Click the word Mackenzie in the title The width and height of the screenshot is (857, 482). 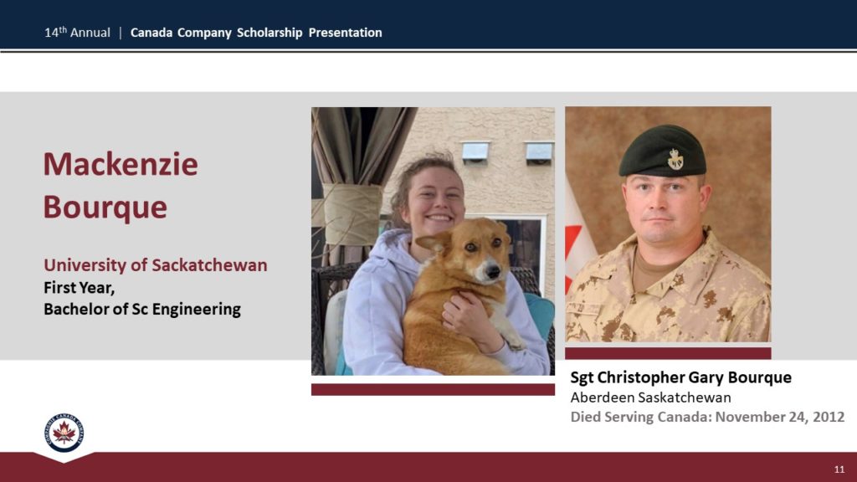pyautogui.click(x=121, y=165)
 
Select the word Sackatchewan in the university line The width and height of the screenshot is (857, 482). pyautogui.click(x=209, y=265)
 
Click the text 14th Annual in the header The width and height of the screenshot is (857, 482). pyautogui.click(x=77, y=33)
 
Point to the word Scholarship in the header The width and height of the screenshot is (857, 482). pyautogui.click(x=269, y=33)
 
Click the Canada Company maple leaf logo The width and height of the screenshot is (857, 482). pyautogui.click(x=64, y=433)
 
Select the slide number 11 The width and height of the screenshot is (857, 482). pyautogui.click(x=839, y=469)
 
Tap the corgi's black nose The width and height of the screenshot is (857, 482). pyautogui.click(x=493, y=271)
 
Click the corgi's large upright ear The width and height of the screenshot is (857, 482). pyautogui.click(x=434, y=242)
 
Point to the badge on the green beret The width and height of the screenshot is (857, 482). pyautogui.click(x=675, y=159)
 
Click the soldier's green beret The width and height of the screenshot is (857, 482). pyautogui.click(x=663, y=151)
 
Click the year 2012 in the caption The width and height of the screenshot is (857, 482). pyautogui.click(x=829, y=417)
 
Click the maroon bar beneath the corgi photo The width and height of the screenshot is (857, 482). pyautogui.click(x=433, y=389)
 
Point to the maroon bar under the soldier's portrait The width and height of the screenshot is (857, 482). pyautogui.click(x=668, y=353)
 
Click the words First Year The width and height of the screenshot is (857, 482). pyautogui.click(x=80, y=288)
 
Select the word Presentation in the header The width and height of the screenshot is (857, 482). pyautogui.click(x=346, y=33)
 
